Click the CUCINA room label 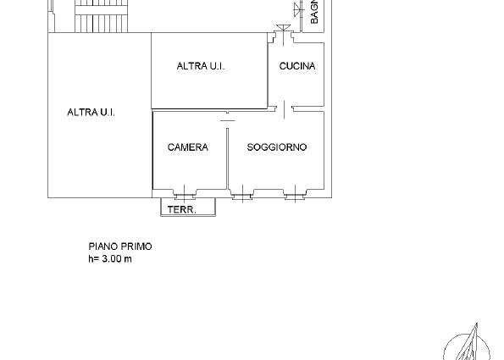point(297,66)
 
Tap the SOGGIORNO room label point(277,147)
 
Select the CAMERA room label point(188,147)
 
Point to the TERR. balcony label point(181,210)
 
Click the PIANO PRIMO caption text point(120,246)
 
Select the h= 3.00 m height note point(110,258)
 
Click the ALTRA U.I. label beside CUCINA point(201,66)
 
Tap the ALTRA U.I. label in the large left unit point(91,112)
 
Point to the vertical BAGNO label point(314,12)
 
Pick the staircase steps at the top point(102,16)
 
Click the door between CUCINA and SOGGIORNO point(284,109)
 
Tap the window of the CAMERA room point(185,193)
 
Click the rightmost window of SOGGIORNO point(295,193)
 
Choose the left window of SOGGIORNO point(242,193)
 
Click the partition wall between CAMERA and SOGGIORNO point(228,158)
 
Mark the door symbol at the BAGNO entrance point(299,9)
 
